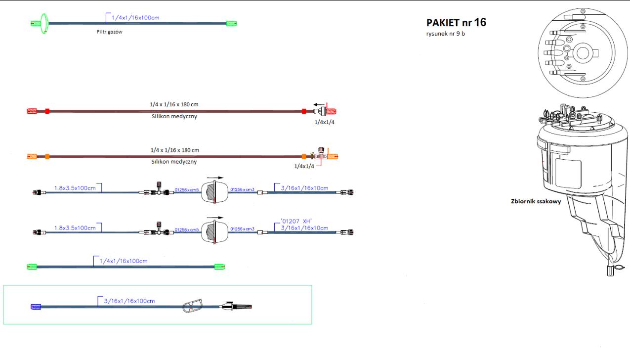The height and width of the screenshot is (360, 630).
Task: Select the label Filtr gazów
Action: point(109,32)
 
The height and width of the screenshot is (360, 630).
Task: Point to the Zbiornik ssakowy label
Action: point(536,202)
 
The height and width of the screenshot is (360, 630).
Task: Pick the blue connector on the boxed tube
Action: point(35,307)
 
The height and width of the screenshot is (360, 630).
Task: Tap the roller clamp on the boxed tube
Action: point(193,306)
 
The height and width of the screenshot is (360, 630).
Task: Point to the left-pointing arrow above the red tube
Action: point(317,104)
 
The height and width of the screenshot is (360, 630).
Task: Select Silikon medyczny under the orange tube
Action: point(170,162)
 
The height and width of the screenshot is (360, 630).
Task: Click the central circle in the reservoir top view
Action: point(583,52)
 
